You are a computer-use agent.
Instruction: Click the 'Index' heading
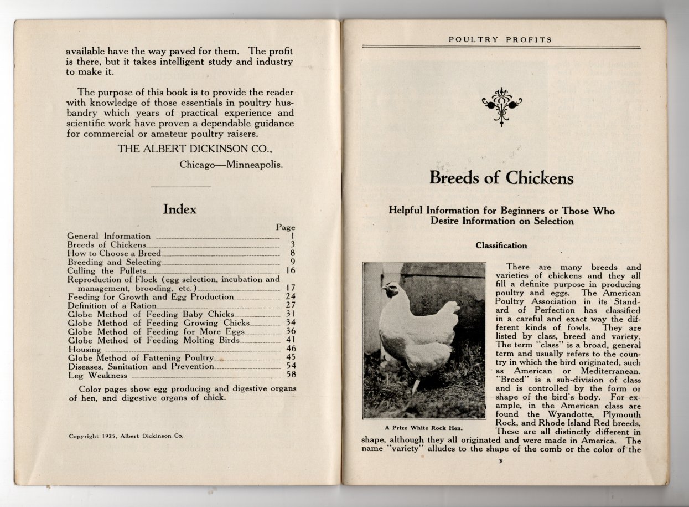coord(179,209)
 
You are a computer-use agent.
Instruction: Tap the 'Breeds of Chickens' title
coord(501,178)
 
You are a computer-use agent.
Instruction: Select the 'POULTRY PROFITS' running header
coord(500,40)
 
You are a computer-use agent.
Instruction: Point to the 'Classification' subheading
coord(501,245)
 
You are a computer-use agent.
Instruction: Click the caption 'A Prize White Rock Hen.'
coord(423,428)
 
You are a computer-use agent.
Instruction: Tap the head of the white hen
coord(391,290)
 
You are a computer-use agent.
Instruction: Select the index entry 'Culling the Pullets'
coord(107,270)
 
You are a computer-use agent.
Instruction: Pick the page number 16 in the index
coord(291,270)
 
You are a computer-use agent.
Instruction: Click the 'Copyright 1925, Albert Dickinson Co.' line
coord(126,436)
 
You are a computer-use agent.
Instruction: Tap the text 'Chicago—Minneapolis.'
coord(231,165)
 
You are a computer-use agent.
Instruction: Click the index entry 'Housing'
coord(84,350)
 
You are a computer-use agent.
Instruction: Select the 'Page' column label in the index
coord(286,227)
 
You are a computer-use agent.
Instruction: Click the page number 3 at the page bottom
coord(500,462)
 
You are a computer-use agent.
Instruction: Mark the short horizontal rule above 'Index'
coord(181,187)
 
